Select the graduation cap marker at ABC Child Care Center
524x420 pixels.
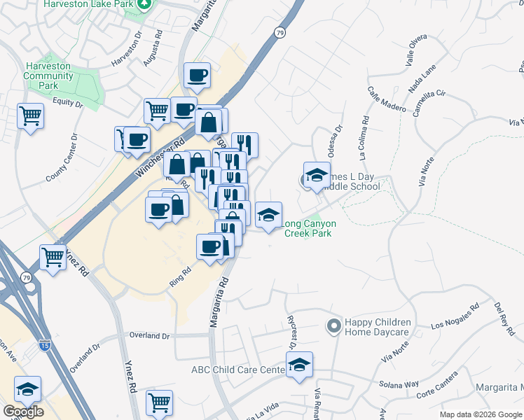pyautogui.click(x=300, y=365)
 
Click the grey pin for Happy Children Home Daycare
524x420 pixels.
pyautogui.click(x=333, y=325)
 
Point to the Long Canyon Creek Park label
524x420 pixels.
pyautogui.click(x=309, y=228)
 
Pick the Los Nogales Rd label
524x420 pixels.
pyautogui.click(x=456, y=316)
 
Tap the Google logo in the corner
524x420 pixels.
pyautogui.click(x=23, y=411)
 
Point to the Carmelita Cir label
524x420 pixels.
pyautogui.click(x=429, y=104)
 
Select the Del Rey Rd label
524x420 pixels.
pyautogui.click(x=499, y=318)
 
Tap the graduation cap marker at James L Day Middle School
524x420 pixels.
pyautogui.click(x=317, y=176)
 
